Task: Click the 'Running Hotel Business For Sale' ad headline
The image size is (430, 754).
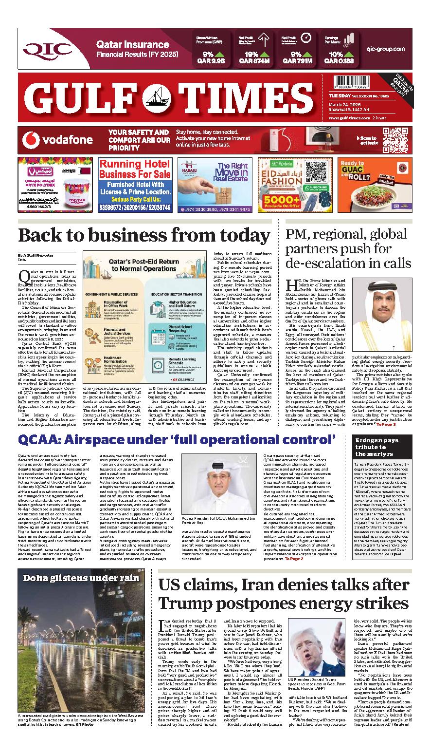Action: coord(135,170)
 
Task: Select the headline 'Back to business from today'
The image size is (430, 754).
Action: coord(144,236)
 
